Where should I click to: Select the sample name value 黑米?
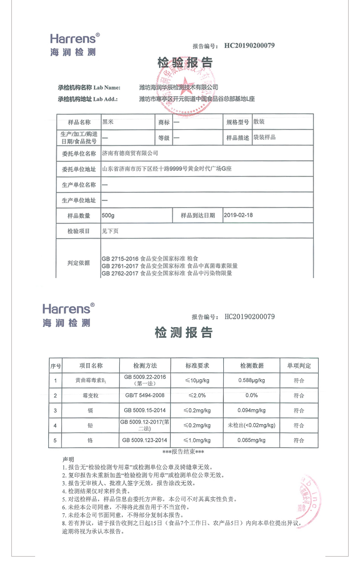pyautogui.click(x=108, y=122)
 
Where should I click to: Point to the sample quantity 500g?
pyautogui.click(x=109, y=215)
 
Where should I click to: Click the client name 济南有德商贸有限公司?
pyautogui.click(x=130, y=153)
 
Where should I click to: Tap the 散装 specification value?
pyautogui.click(x=259, y=122)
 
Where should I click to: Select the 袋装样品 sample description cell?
pyautogui.click(x=265, y=137)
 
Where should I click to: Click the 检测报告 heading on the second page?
pyautogui.click(x=184, y=333)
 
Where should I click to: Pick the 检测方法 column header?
pyautogui.click(x=145, y=366)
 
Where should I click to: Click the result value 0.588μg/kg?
pyautogui.click(x=252, y=380)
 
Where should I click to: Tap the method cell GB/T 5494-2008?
pyautogui.click(x=145, y=395)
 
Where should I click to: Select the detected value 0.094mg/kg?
pyautogui.click(x=252, y=410)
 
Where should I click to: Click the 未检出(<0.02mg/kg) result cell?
pyautogui.click(x=252, y=425)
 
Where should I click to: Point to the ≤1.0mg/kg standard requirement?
pyautogui.click(x=197, y=440)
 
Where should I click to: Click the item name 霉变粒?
pyautogui.click(x=91, y=395)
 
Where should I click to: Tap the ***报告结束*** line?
pyautogui.click(x=183, y=452)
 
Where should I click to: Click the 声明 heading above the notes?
pyautogui.click(x=68, y=459)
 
